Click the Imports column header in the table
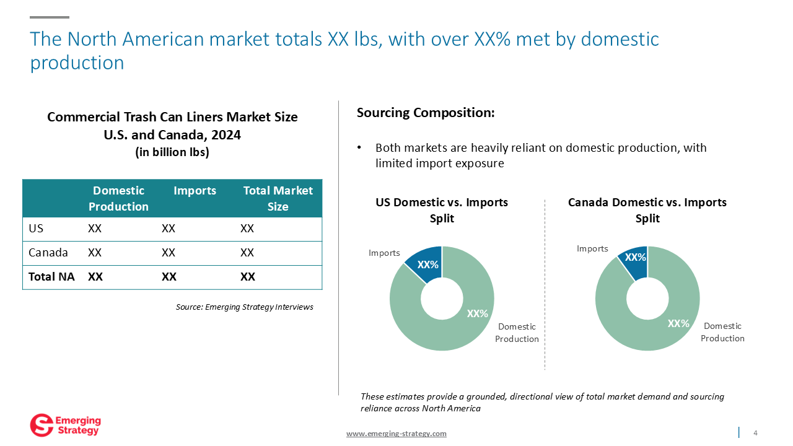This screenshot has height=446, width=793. coord(195,190)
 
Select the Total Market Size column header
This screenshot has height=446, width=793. coord(278,198)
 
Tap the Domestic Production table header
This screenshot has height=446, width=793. coord(118,198)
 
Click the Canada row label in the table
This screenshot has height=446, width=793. coord(48,252)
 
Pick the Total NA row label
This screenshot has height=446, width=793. coord(51,276)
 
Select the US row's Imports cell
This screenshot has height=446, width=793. coord(169,229)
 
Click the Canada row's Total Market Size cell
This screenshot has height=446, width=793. coord(247,252)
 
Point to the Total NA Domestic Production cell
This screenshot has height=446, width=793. coord(95,276)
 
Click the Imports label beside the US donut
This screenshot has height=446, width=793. coord(384,253)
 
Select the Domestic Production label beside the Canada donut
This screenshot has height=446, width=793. coord(722,332)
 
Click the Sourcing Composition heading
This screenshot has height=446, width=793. coord(426,113)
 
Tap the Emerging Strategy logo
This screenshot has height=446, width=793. coord(66,425)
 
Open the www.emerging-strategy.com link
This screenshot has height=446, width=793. coord(396,433)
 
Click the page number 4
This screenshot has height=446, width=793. coord(755,432)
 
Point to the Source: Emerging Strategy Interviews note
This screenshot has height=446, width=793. coord(245,307)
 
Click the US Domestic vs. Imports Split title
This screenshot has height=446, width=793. coord(442,210)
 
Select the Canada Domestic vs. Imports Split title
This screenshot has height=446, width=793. coord(647,210)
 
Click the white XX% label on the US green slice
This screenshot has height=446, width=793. coord(477,313)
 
